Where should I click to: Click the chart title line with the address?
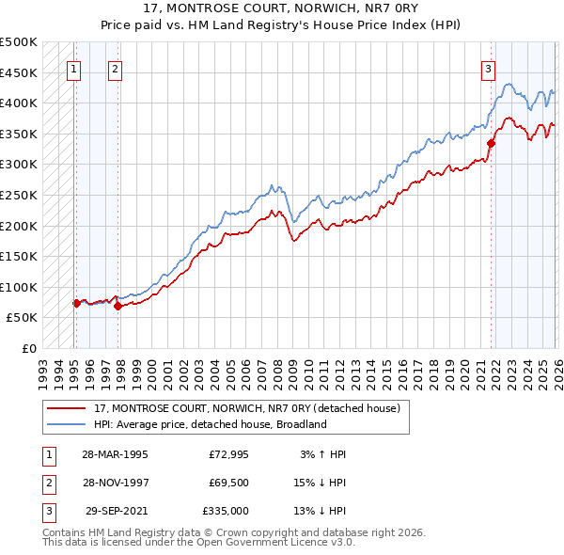coord(282,8)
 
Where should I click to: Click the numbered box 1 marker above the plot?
coord(73,68)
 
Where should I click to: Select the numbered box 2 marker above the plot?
coord(114,68)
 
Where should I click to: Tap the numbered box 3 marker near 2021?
coord(489,68)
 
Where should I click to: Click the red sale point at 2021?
coord(491,143)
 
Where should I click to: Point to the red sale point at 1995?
coord(76,303)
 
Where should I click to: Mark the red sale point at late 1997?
coord(117,306)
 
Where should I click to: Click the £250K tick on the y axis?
coord(19,195)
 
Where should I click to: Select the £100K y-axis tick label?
coord(19,287)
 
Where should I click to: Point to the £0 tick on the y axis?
coord(28,348)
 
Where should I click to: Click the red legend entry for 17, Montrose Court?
coord(247,408)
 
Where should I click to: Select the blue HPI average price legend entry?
coord(210,424)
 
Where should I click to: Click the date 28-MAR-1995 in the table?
coord(115,454)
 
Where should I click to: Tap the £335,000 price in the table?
coord(225,511)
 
